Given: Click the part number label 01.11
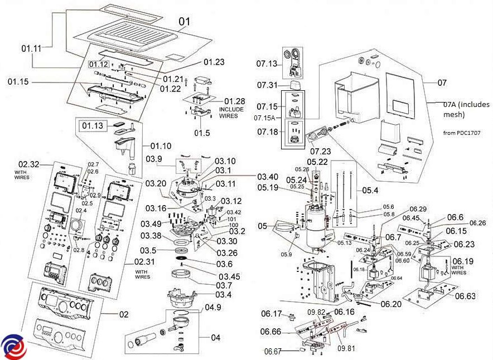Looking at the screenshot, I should pos(32,48).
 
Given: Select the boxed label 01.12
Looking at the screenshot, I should pos(98,64).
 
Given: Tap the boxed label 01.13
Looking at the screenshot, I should pos(94,126).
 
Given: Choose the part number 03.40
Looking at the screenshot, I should pos(269,177).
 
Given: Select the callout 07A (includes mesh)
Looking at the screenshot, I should pos(466,110).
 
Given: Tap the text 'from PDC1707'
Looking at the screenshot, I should pos(462,133).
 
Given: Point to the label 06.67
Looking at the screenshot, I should pos(274,352).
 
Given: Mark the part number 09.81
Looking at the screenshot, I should pos(346,348).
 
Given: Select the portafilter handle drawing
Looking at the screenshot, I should pos(144,339).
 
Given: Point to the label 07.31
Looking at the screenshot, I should pos(268,85).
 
